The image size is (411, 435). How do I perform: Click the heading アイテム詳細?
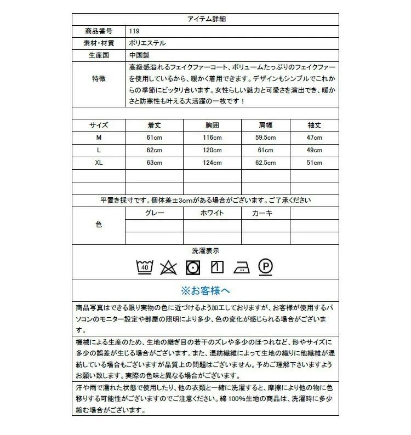coord(206,19)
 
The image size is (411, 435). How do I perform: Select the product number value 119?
coord(135,31)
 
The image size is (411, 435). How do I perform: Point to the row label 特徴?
coord(99,79)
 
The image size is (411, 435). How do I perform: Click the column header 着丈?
coord(154,125)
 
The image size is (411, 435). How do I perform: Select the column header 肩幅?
coord(265,125)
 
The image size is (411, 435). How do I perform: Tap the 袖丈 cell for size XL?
coord(315,163)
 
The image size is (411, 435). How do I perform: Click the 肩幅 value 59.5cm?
coord(265,138)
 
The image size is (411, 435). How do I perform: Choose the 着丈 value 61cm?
coord(154,138)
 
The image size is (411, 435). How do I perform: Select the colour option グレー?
coord(154,213)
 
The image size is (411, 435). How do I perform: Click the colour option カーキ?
coord(262,213)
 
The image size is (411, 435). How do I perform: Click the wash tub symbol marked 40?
coord(145,267)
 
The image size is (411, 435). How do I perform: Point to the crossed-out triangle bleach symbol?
coord(168,267)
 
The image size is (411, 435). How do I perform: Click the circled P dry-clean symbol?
coord(265,267)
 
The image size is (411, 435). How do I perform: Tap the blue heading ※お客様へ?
coord(206,290)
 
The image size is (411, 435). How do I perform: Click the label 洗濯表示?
coord(206,250)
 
